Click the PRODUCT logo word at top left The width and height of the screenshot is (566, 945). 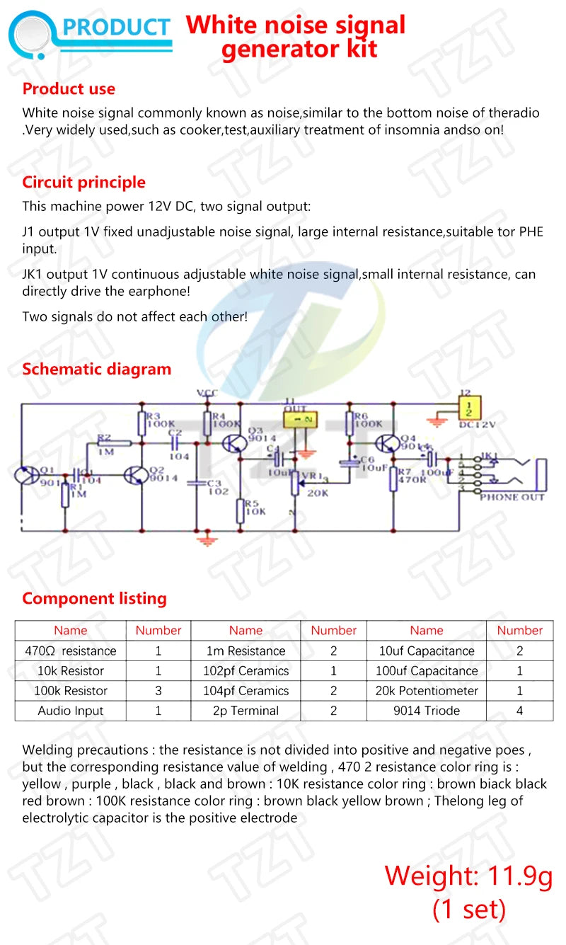[x=117, y=28]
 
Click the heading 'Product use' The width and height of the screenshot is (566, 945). [x=69, y=89]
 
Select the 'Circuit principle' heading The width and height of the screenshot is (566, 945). [x=83, y=183]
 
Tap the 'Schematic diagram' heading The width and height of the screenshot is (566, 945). [x=96, y=370]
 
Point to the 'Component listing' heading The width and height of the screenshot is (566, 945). [x=94, y=599]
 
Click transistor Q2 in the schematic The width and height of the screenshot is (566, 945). [x=135, y=476]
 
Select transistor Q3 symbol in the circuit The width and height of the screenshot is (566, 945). [x=233, y=443]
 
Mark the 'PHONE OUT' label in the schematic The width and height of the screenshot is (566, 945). [x=512, y=498]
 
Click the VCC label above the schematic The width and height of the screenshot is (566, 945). [x=207, y=393]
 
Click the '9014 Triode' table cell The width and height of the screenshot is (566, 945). [x=426, y=711]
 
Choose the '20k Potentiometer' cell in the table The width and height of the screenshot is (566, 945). [x=426, y=691]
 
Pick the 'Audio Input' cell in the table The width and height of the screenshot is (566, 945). [x=70, y=711]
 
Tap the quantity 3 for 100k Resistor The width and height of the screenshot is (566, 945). [x=158, y=691]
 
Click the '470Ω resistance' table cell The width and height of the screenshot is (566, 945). [x=70, y=651]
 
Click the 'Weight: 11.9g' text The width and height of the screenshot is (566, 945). [x=468, y=876]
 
